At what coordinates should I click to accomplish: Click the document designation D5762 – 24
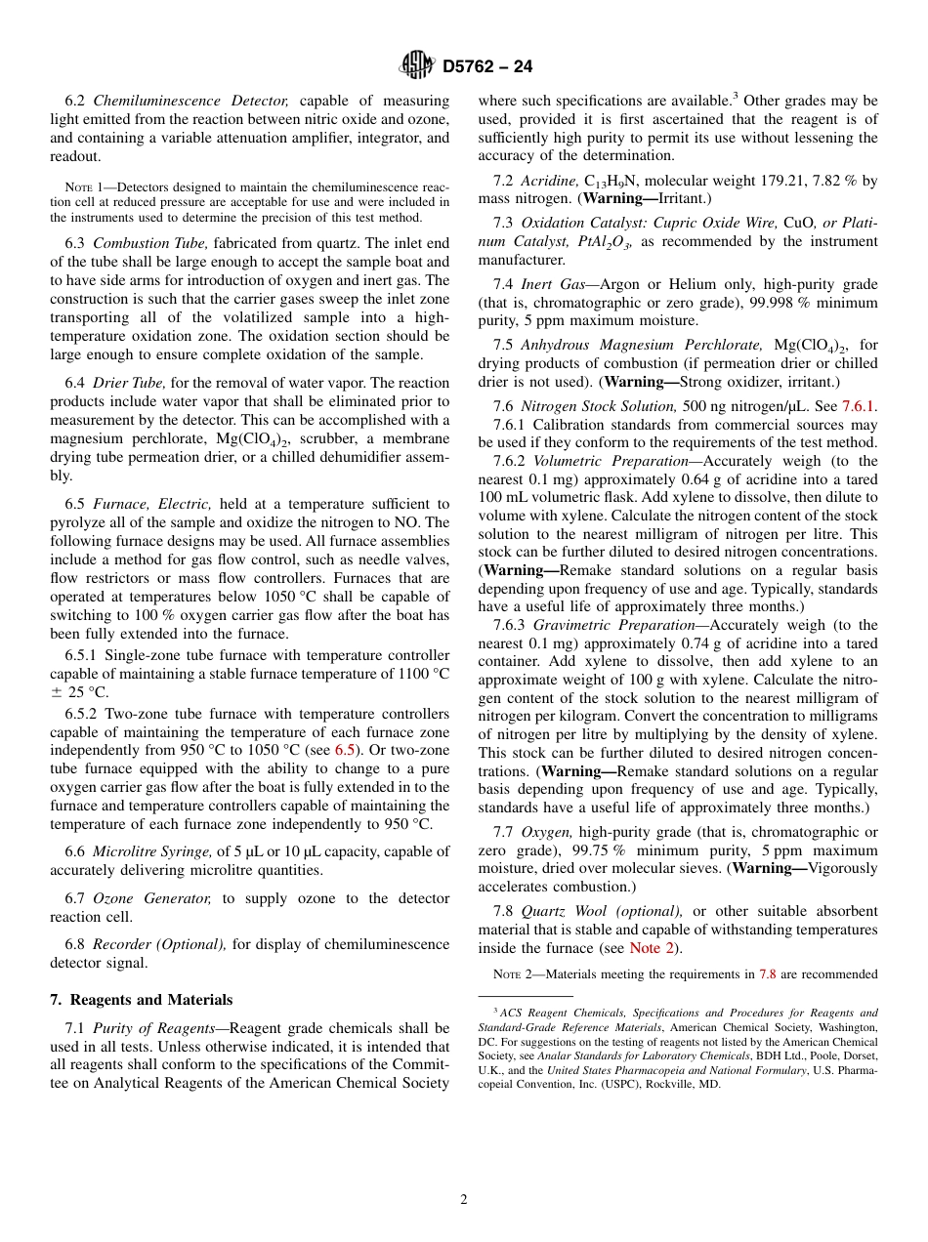pyautogui.click(x=487, y=67)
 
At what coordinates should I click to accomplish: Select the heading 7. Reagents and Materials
pyautogui.click(x=141, y=1000)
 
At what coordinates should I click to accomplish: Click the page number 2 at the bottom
pyautogui.click(x=464, y=1200)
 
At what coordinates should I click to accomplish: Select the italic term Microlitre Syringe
pyautogui.click(x=152, y=851)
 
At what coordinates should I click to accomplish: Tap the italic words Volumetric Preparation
pyautogui.click(x=611, y=461)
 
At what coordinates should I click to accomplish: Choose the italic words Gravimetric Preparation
pyautogui.click(x=612, y=625)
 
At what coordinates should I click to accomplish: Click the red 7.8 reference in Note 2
pyautogui.click(x=766, y=974)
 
